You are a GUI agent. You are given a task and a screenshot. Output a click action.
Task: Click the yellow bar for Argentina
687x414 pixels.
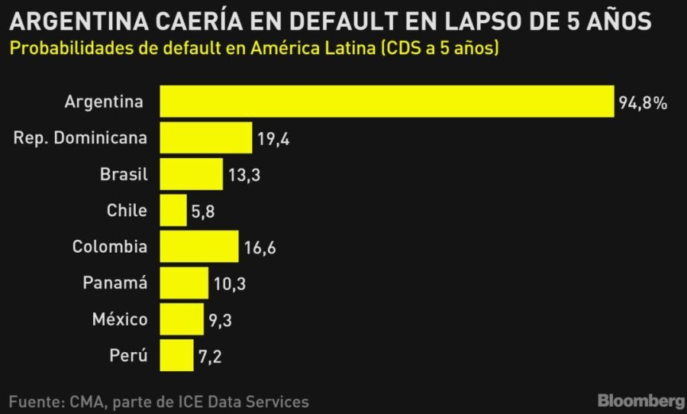[x=386, y=101]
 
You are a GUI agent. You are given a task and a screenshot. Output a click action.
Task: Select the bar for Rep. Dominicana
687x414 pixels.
[x=205, y=137]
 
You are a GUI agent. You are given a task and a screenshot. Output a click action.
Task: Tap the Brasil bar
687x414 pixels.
[x=192, y=173]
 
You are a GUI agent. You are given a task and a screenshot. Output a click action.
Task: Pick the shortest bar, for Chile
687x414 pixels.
[x=173, y=210]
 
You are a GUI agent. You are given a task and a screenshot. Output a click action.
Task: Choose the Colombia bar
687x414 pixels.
[x=198, y=246]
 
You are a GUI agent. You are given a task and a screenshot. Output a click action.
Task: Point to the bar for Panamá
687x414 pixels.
[x=184, y=283]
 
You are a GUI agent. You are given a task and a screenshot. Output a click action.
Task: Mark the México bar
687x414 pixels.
[x=182, y=319]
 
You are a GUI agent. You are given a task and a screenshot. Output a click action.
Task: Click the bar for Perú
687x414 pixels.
[x=177, y=355]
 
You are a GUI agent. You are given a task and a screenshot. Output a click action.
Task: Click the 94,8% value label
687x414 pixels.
[x=643, y=103]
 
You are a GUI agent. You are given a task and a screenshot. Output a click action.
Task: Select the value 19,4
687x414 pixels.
[x=273, y=139]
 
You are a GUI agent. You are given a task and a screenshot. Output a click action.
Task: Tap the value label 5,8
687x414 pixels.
[x=202, y=212]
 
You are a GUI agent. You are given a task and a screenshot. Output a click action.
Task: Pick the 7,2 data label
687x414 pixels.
[x=209, y=357]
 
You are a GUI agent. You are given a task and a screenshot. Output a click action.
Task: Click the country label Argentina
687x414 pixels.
[x=104, y=101]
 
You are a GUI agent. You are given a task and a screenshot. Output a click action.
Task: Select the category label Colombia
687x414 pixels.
[x=110, y=246]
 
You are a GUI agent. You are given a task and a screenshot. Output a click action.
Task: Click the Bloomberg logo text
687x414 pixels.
[x=640, y=400]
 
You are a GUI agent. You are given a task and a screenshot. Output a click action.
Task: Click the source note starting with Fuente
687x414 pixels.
[x=159, y=401]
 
